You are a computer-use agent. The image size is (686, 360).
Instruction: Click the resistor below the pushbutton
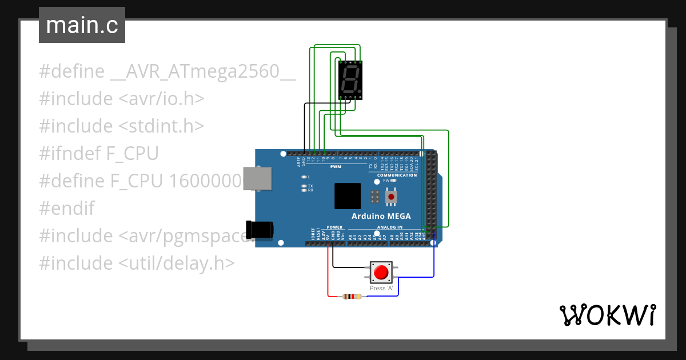(352, 297)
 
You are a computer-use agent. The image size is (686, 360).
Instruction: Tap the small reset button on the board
(391, 197)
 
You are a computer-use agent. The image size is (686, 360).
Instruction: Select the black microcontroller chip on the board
(348, 196)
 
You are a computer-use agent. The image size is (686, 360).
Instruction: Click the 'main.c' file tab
(82, 26)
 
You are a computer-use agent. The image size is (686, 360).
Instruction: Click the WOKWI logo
(607, 315)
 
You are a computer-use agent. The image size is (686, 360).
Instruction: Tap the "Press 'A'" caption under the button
(382, 288)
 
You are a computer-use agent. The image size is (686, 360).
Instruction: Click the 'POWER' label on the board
(334, 227)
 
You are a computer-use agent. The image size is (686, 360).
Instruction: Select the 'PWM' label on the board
(336, 167)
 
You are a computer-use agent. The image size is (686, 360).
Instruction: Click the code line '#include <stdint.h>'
(122, 126)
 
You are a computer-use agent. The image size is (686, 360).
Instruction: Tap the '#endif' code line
(67, 208)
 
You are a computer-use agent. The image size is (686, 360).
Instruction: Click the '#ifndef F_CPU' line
(99, 153)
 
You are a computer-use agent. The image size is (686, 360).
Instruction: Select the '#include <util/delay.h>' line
(137, 263)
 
